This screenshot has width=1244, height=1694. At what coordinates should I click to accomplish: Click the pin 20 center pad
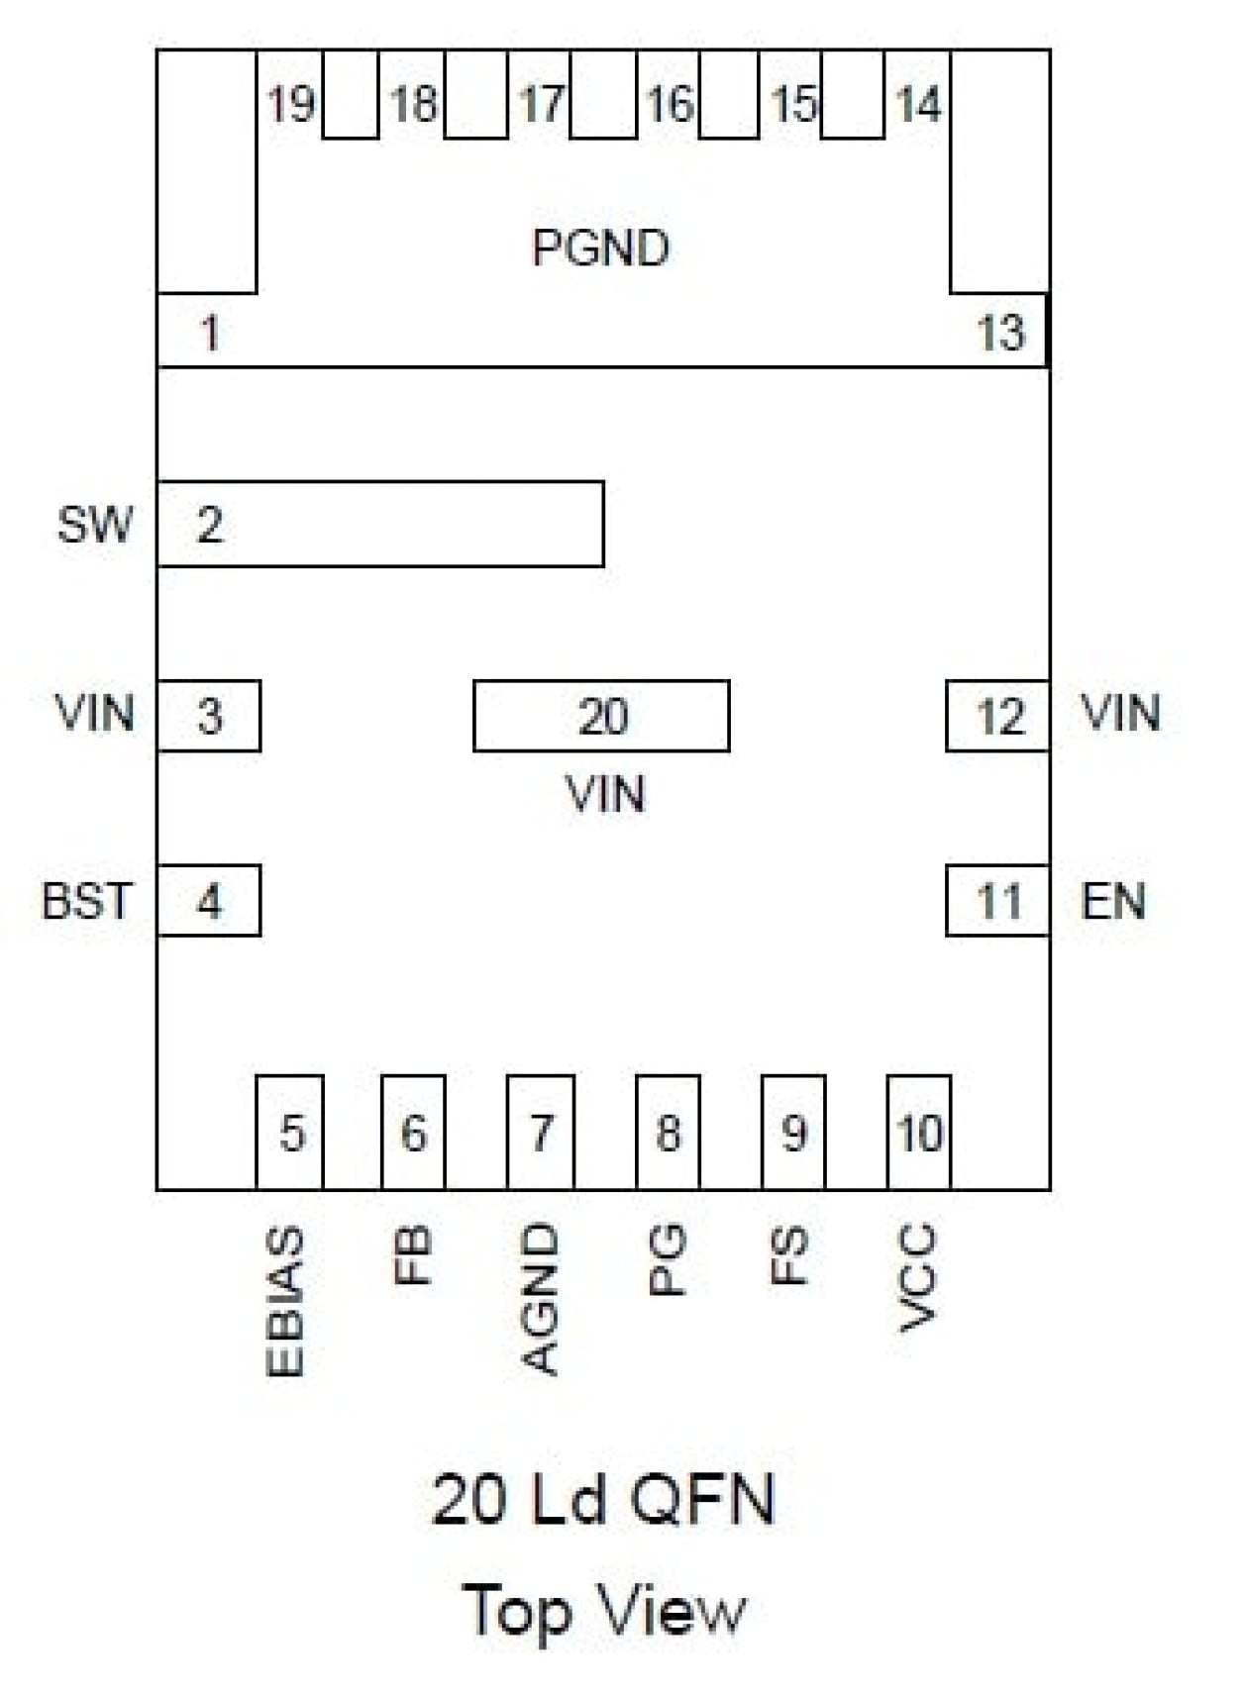pos(601,716)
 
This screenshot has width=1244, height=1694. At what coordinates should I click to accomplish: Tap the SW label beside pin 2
pos(94,524)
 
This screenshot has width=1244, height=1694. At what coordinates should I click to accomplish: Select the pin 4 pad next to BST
pos(209,901)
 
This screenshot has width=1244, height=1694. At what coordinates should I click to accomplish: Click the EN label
pos(1113,901)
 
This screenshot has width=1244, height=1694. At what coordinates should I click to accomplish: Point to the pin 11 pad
pos(997,901)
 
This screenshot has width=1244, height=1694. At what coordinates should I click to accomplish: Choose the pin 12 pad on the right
pos(997,716)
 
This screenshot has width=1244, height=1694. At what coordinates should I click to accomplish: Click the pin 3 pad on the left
pos(209,716)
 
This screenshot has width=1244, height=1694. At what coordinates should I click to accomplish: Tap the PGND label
pos(600,248)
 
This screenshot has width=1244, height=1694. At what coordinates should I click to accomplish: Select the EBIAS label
pos(285,1301)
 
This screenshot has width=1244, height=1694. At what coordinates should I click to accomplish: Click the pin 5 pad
pos(289,1133)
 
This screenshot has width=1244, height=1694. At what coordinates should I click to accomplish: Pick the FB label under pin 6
pos(413,1255)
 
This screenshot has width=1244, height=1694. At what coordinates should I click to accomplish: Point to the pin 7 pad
pos(540,1133)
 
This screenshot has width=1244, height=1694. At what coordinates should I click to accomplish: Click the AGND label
pos(540,1299)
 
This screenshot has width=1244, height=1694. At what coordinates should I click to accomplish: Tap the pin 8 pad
pos(668,1133)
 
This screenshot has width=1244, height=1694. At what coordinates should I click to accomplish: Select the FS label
pos(789,1255)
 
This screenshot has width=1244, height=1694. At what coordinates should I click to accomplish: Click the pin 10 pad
pos(919,1133)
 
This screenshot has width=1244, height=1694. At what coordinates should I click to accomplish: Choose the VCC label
pos(916,1277)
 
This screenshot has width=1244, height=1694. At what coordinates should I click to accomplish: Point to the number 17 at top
pos(541,104)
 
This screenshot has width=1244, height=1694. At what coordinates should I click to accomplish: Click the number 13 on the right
pos(1000,333)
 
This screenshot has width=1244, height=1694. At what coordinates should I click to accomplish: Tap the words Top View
pos(603,1610)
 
